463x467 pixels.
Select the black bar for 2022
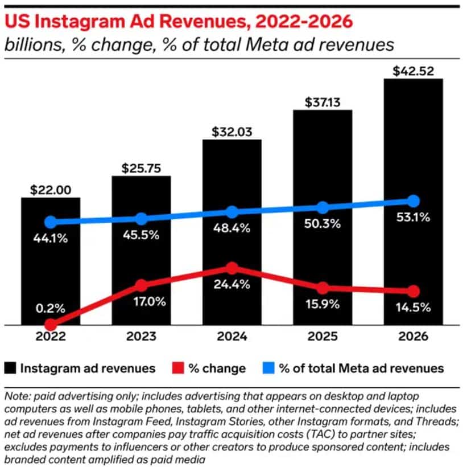tap(50, 262)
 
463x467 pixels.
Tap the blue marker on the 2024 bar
tap(232, 212)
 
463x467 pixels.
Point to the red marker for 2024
tap(231, 268)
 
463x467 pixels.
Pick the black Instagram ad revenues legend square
tap(10, 368)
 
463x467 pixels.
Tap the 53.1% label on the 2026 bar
tap(414, 217)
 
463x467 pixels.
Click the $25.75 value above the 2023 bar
tap(141, 168)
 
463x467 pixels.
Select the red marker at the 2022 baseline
tap(50, 325)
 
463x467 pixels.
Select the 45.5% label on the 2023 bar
tap(141, 235)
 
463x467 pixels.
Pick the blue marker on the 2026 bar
tap(414, 201)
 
